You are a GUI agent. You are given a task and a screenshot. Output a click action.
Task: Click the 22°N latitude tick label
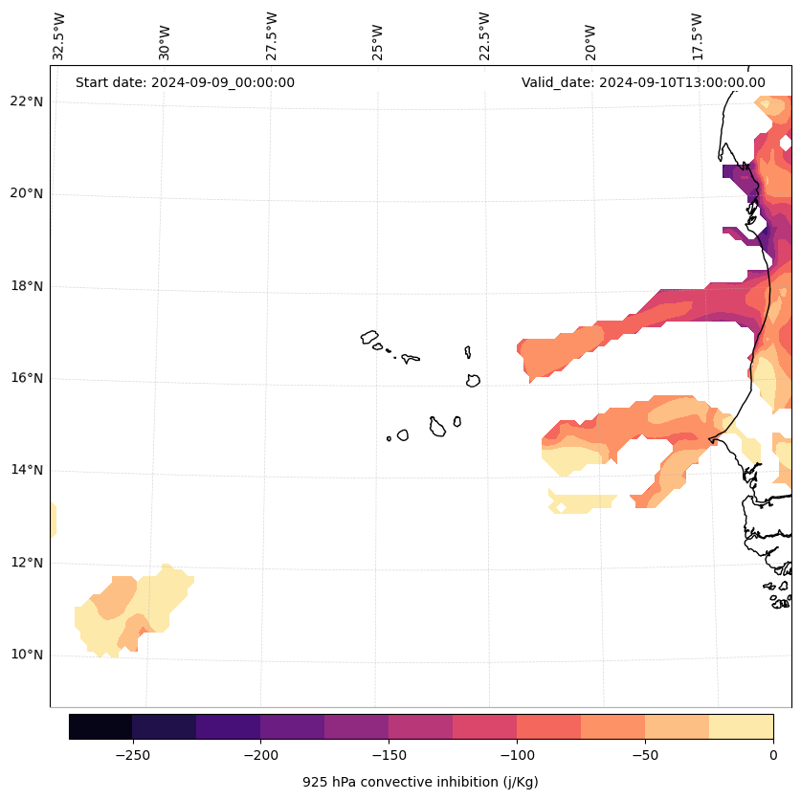coord(23,101)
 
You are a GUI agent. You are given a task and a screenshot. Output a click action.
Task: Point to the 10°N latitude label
coord(23,656)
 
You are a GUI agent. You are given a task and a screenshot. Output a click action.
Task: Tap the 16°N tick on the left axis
coord(23,378)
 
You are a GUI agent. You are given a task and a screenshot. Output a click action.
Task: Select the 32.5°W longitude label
coord(59,36)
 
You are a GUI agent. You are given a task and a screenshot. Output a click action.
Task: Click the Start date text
coord(185,82)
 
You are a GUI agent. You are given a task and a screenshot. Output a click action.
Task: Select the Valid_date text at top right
coord(643,82)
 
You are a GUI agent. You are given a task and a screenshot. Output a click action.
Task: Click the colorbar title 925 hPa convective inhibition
coord(420,782)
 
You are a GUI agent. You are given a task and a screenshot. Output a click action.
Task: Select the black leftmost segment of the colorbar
coord(100,726)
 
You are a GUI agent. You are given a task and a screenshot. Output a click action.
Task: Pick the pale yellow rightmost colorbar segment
coord(741,726)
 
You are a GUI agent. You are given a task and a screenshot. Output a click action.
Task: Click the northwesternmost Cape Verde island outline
coord(369,337)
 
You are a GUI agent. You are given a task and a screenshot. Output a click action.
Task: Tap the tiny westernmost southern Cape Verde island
coord(389,438)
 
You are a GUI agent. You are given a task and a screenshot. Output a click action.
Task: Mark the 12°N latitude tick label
coord(23,563)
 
